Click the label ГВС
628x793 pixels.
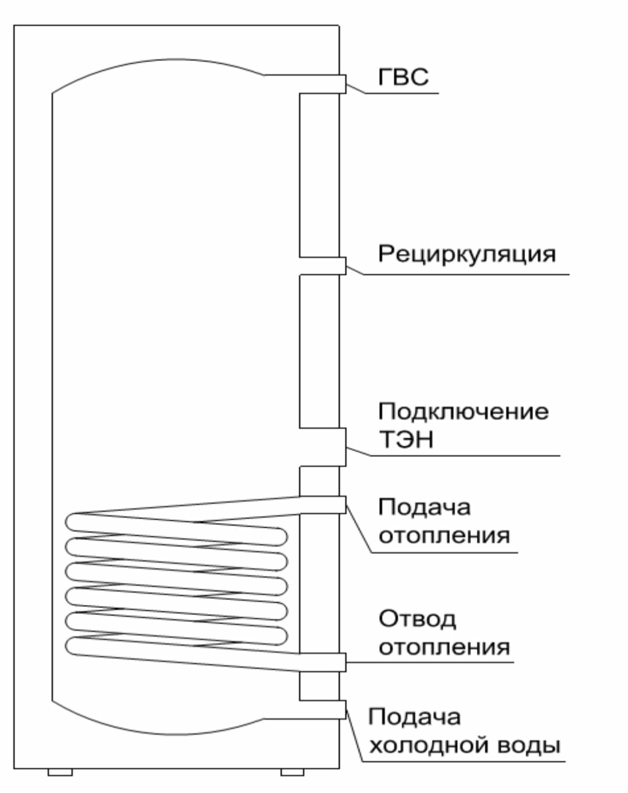pos(403,77)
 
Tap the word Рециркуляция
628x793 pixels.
pos(466,253)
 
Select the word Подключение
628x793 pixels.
pos(463,411)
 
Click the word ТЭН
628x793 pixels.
pos(406,439)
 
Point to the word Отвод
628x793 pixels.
pos(417,619)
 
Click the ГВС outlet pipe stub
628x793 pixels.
pos(342,84)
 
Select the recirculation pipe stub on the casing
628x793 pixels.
pos(342,266)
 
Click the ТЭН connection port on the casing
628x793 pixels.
pos(342,447)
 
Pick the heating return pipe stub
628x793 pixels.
pos(341,662)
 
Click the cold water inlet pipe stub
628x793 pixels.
pos(342,709)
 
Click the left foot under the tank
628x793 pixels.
pos(60,772)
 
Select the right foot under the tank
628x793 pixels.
pos(292,772)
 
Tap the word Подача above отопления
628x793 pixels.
pos(424,507)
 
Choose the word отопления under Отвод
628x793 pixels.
pos(444,647)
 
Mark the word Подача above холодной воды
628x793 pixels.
pos(414,717)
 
